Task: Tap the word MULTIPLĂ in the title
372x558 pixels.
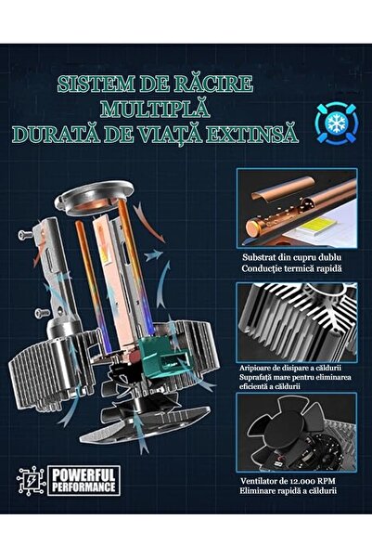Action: point(155,109)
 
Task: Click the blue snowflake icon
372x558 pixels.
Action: point(336,123)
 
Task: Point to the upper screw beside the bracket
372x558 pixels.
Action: point(25,234)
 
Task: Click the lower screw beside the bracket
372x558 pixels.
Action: point(43,313)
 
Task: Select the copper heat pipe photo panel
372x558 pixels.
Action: point(297,208)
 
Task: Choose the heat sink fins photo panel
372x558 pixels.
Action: point(297,323)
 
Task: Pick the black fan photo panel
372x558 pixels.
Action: point(297,433)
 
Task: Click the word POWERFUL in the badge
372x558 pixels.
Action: point(83,475)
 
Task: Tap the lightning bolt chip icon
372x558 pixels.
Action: point(31,480)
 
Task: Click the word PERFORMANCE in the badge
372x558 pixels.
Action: point(83,487)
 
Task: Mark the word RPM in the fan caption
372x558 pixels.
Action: point(327,481)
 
